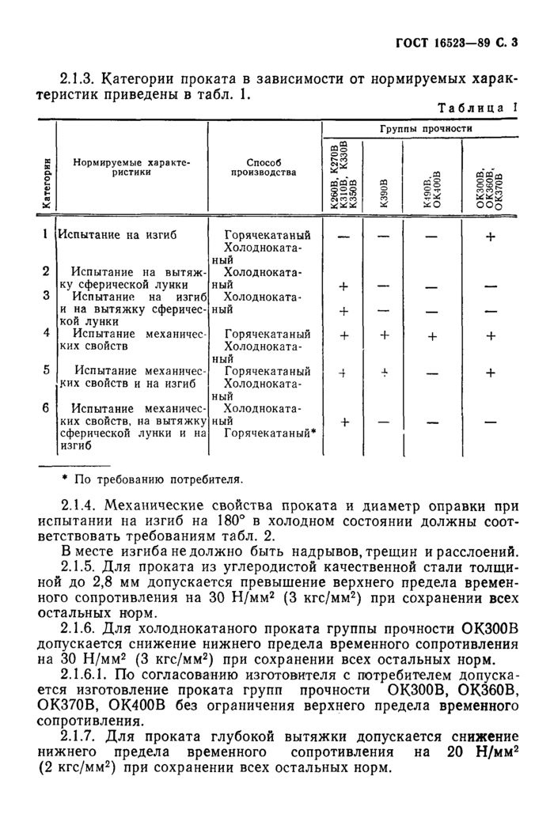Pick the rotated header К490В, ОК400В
(432, 192)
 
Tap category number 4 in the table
(46, 332)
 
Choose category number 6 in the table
(46, 407)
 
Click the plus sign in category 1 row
(490, 236)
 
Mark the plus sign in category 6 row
(344, 422)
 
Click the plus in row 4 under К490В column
(432, 336)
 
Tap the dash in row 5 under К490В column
(432, 373)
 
